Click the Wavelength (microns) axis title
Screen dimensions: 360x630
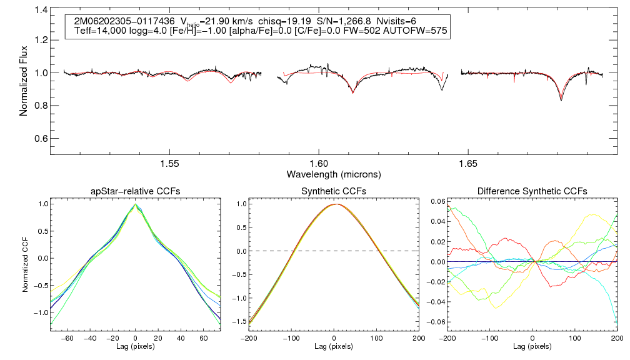pyautogui.click(x=334, y=173)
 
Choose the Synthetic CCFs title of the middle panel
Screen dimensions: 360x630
pyautogui.click(x=334, y=191)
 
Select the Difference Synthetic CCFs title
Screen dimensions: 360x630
pyautogui.click(x=532, y=191)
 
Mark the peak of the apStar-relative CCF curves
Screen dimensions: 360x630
pyautogui.click(x=136, y=204)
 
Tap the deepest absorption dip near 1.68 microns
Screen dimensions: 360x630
pyautogui.click(x=561, y=100)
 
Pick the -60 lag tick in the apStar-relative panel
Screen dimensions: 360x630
pyautogui.click(x=69, y=337)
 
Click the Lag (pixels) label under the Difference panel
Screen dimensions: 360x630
pyautogui.click(x=532, y=346)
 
